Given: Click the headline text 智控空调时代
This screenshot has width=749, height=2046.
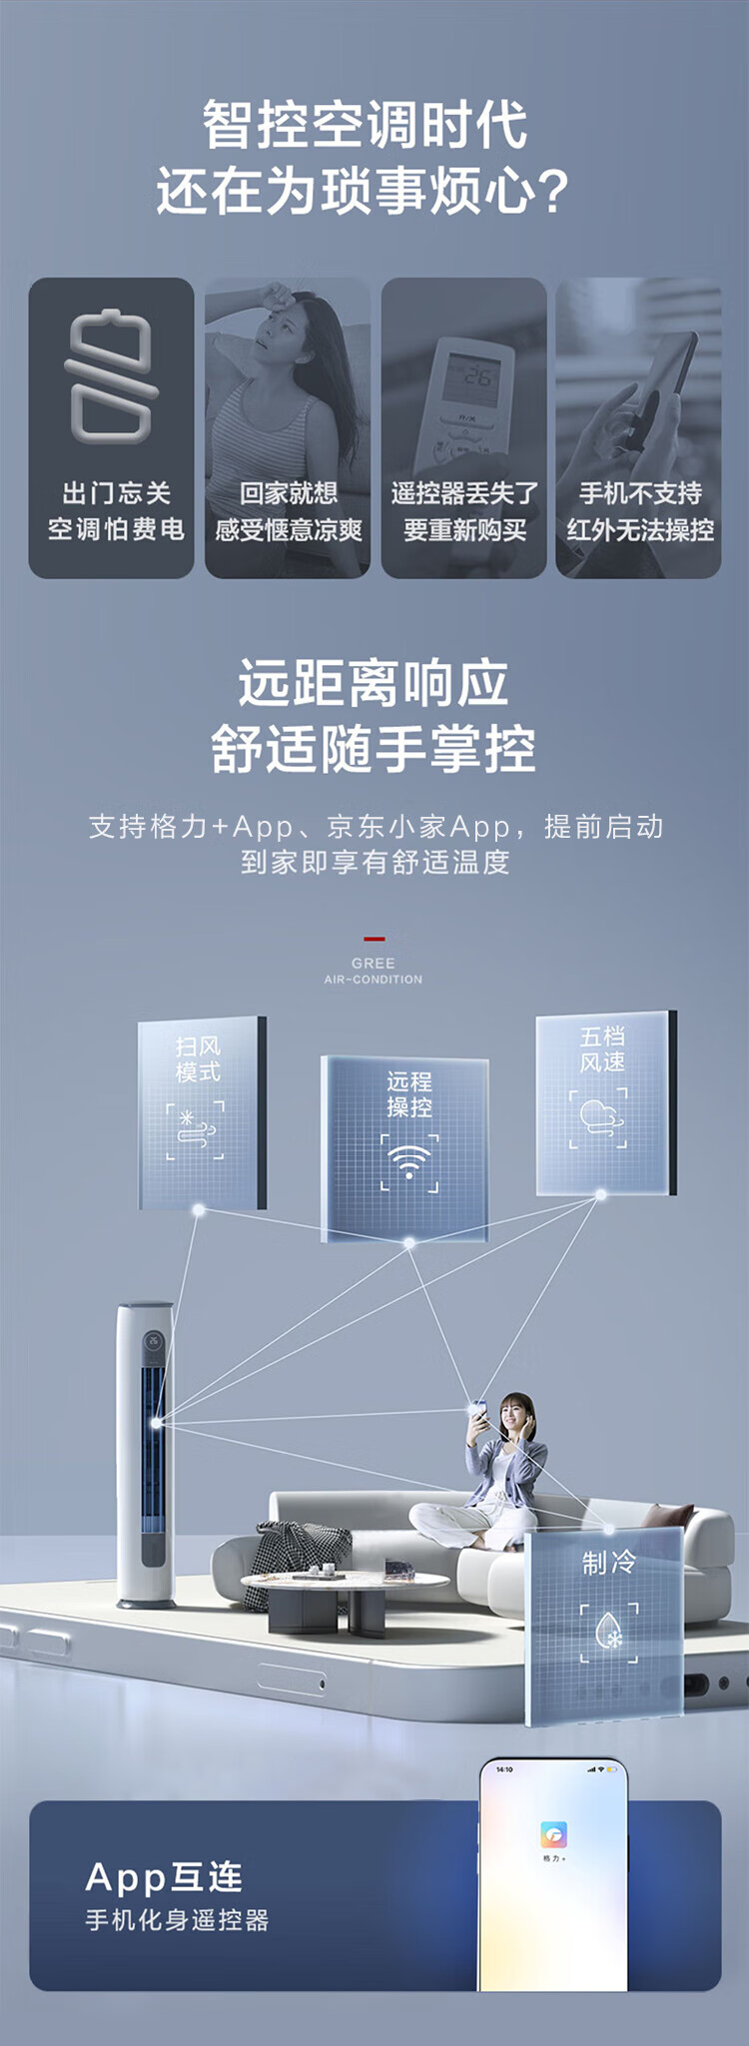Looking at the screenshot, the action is coord(365,125).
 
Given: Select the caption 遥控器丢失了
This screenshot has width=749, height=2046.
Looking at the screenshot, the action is coord(464,493).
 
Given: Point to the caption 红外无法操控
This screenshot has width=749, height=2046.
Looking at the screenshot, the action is coord(640,530).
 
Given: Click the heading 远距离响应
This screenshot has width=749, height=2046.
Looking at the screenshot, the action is coord(374,684).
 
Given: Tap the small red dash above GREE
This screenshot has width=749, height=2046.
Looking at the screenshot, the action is coord(374,939).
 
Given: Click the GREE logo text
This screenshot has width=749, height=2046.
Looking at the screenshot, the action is coord(374,963).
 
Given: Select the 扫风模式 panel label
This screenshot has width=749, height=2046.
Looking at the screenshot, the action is coord(198,1058).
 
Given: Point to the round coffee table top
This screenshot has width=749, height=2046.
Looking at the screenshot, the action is coord(345,1581).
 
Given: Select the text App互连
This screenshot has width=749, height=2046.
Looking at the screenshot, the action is coord(165,1877).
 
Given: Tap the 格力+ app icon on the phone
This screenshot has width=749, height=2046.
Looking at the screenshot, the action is coord(553,1834).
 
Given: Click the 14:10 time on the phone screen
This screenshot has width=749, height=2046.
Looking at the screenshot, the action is coord(504,1769).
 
